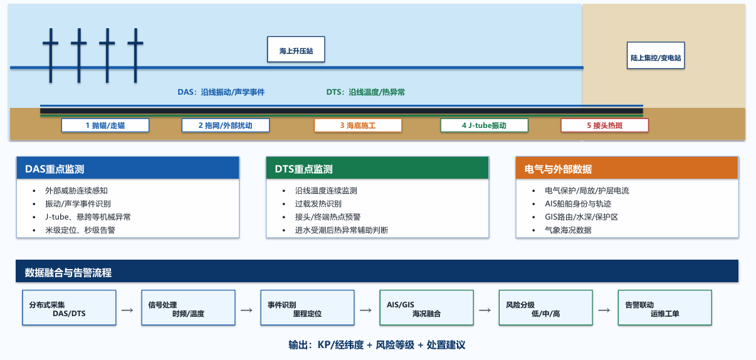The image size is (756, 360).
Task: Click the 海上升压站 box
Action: tap(296, 50)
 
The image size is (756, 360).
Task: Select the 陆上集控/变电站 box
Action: tap(656, 55)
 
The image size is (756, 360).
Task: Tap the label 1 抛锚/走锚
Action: tap(105, 125)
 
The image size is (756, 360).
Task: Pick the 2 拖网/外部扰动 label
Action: tap(226, 125)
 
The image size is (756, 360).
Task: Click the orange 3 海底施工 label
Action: tap(358, 125)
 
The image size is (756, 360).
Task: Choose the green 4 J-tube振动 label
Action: tap(485, 125)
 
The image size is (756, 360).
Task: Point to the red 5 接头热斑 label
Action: tap(604, 125)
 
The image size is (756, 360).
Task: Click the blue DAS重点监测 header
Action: tap(128, 168)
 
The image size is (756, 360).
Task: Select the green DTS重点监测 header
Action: tap(377, 168)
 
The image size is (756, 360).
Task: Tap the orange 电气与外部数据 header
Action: tap(627, 168)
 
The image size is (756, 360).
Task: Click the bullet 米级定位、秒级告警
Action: tap(80, 230)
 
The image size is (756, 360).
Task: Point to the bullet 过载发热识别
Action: tap(318, 204)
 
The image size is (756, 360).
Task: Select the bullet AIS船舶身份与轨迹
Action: tap(578, 204)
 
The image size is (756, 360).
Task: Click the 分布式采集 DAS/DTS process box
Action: tap(69, 308)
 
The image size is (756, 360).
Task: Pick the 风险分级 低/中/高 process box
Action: tap(546, 308)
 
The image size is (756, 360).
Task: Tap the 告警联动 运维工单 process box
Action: tap(665, 308)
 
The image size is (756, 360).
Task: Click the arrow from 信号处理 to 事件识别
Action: tap(246, 310)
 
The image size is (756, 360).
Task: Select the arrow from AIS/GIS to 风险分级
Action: tap(485, 310)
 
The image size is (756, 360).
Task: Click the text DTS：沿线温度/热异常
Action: tap(365, 92)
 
